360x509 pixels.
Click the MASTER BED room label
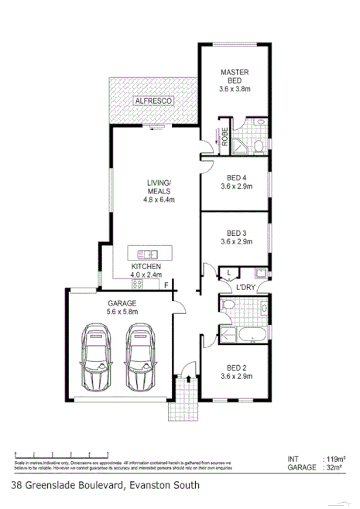pyautogui.click(x=235, y=74)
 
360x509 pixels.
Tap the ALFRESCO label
pyautogui.click(x=153, y=101)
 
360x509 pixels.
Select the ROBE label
pyautogui.click(x=224, y=136)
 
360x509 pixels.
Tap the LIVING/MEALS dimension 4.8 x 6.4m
pyautogui.click(x=159, y=199)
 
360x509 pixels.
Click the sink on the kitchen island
pyautogui.click(x=144, y=254)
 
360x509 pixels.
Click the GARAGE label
pyautogui.click(x=122, y=303)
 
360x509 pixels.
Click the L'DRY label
pyautogui.click(x=245, y=287)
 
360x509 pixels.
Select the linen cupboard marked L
pyautogui.click(x=229, y=272)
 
